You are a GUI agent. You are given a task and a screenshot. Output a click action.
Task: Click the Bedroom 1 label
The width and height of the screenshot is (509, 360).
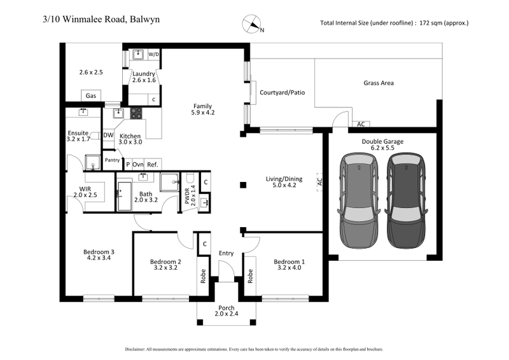(289, 261)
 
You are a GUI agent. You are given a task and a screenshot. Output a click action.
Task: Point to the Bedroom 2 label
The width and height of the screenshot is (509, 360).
(166, 261)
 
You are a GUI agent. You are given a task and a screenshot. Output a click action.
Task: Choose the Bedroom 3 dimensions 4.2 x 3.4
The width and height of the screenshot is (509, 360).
(99, 260)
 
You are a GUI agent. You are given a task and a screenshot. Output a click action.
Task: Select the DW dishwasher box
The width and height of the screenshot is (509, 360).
(108, 135)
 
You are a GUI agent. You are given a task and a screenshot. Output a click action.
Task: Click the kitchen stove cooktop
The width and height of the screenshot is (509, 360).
(136, 113)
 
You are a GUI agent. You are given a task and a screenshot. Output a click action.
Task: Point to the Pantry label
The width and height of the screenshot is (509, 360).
(112, 160)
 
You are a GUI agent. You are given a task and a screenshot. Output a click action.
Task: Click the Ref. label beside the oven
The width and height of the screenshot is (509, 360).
(153, 164)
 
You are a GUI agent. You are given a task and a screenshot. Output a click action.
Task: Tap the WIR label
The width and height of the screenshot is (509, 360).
(85, 189)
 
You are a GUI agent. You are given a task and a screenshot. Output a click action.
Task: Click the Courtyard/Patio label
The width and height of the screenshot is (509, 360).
(282, 93)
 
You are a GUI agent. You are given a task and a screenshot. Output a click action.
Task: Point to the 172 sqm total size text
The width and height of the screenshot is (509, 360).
(394, 23)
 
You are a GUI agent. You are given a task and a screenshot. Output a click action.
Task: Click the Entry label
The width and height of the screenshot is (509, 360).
(226, 253)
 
